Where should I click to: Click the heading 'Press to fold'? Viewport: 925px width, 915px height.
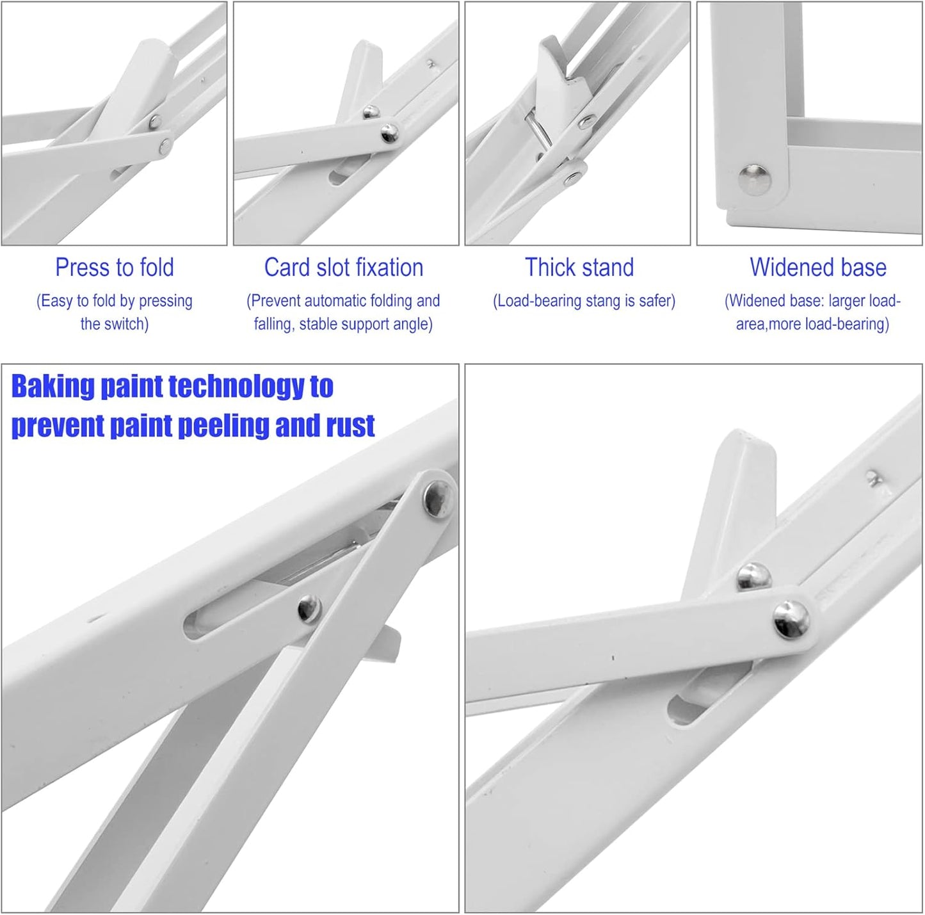(x=115, y=268)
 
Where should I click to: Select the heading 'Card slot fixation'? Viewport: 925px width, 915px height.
(x=344, y=268)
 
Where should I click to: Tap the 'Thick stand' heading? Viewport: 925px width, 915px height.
(x=579, y=268)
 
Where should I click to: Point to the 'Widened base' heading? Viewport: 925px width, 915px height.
(x=818, y=268)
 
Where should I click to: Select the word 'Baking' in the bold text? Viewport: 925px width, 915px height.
(x=52, y=387)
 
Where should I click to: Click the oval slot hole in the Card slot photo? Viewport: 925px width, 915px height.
(x=339, y=173)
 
